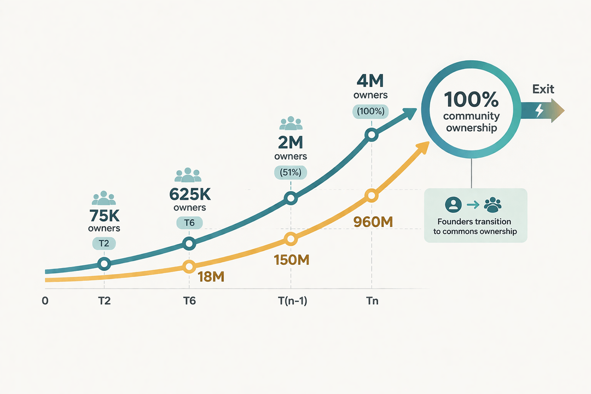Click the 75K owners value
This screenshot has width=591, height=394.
coord(105,216)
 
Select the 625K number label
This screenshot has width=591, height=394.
coord(189,194)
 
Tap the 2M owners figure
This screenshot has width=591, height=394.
coord(291,142)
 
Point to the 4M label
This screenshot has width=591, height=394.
coord(370,81)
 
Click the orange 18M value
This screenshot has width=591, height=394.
coord(211,277)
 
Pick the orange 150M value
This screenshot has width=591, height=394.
coord(292,260)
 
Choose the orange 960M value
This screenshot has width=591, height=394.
coord(373,222)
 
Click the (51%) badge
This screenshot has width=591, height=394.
coord(291,173)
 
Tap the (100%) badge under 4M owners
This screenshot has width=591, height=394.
coord(370,112)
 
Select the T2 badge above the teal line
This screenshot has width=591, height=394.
coord(104,244)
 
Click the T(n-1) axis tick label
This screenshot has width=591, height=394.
coord(292,301)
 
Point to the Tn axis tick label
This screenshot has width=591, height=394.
coord(372,301)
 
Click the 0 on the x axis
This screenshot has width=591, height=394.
coord(45,301)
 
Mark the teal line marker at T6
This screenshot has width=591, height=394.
coord(189,244)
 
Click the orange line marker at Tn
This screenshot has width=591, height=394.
coord(372,196)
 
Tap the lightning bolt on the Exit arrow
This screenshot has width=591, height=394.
coord(540,110)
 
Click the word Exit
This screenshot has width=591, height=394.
coord(543,89)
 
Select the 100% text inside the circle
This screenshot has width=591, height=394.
coord(471,99)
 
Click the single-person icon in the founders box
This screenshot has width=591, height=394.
coord(454,205)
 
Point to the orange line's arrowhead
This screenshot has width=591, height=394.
coord(423,147)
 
